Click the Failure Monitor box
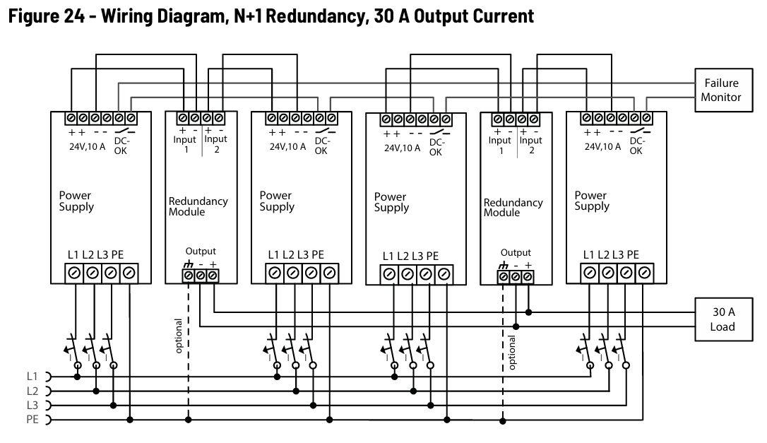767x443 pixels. tap(723, 90)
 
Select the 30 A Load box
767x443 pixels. tap(723, 319)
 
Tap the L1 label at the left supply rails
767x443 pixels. tap(32, 377)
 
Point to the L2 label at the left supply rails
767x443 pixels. tap(32, 391)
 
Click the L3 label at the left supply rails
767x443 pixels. tap(32, 406)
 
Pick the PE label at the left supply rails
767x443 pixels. tap(32, 420)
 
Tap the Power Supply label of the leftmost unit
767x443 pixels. tap(76, 201)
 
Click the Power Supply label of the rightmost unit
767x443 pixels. tap(592, 201)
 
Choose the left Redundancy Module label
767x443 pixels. tap(198, 206)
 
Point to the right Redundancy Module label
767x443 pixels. tap(513, 208)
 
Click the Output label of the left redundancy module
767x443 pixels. tap(201, 251)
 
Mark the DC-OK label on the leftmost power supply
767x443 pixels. tap(121, 146)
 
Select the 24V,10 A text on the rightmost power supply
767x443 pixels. tap(602, 146)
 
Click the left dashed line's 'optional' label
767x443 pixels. tap(179, 336)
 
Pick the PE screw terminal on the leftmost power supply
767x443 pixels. tap(129, 273)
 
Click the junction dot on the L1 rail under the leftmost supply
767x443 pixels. tap(77, 377)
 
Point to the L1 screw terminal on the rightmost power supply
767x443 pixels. tap(590, 273)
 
